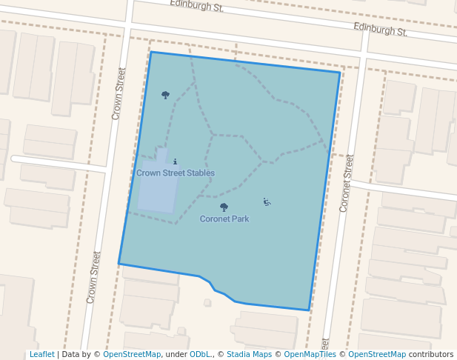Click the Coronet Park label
[224, 219]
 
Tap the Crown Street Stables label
[176, 173]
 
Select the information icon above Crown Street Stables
[175, 161]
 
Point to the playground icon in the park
[267, 201]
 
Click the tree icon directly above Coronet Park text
[224, 207]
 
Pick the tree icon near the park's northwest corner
[165, 95]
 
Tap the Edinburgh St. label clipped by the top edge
[196, 4]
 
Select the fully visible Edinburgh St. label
[380, 30]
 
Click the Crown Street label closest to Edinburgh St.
[118, 94]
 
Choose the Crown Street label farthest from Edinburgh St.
[93, 278]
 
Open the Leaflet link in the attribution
[41, 355]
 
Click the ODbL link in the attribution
[200, 355]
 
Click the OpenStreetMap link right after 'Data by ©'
[132, 355]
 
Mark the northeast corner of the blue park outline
[340, 72]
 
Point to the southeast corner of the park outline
[309, 310]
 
